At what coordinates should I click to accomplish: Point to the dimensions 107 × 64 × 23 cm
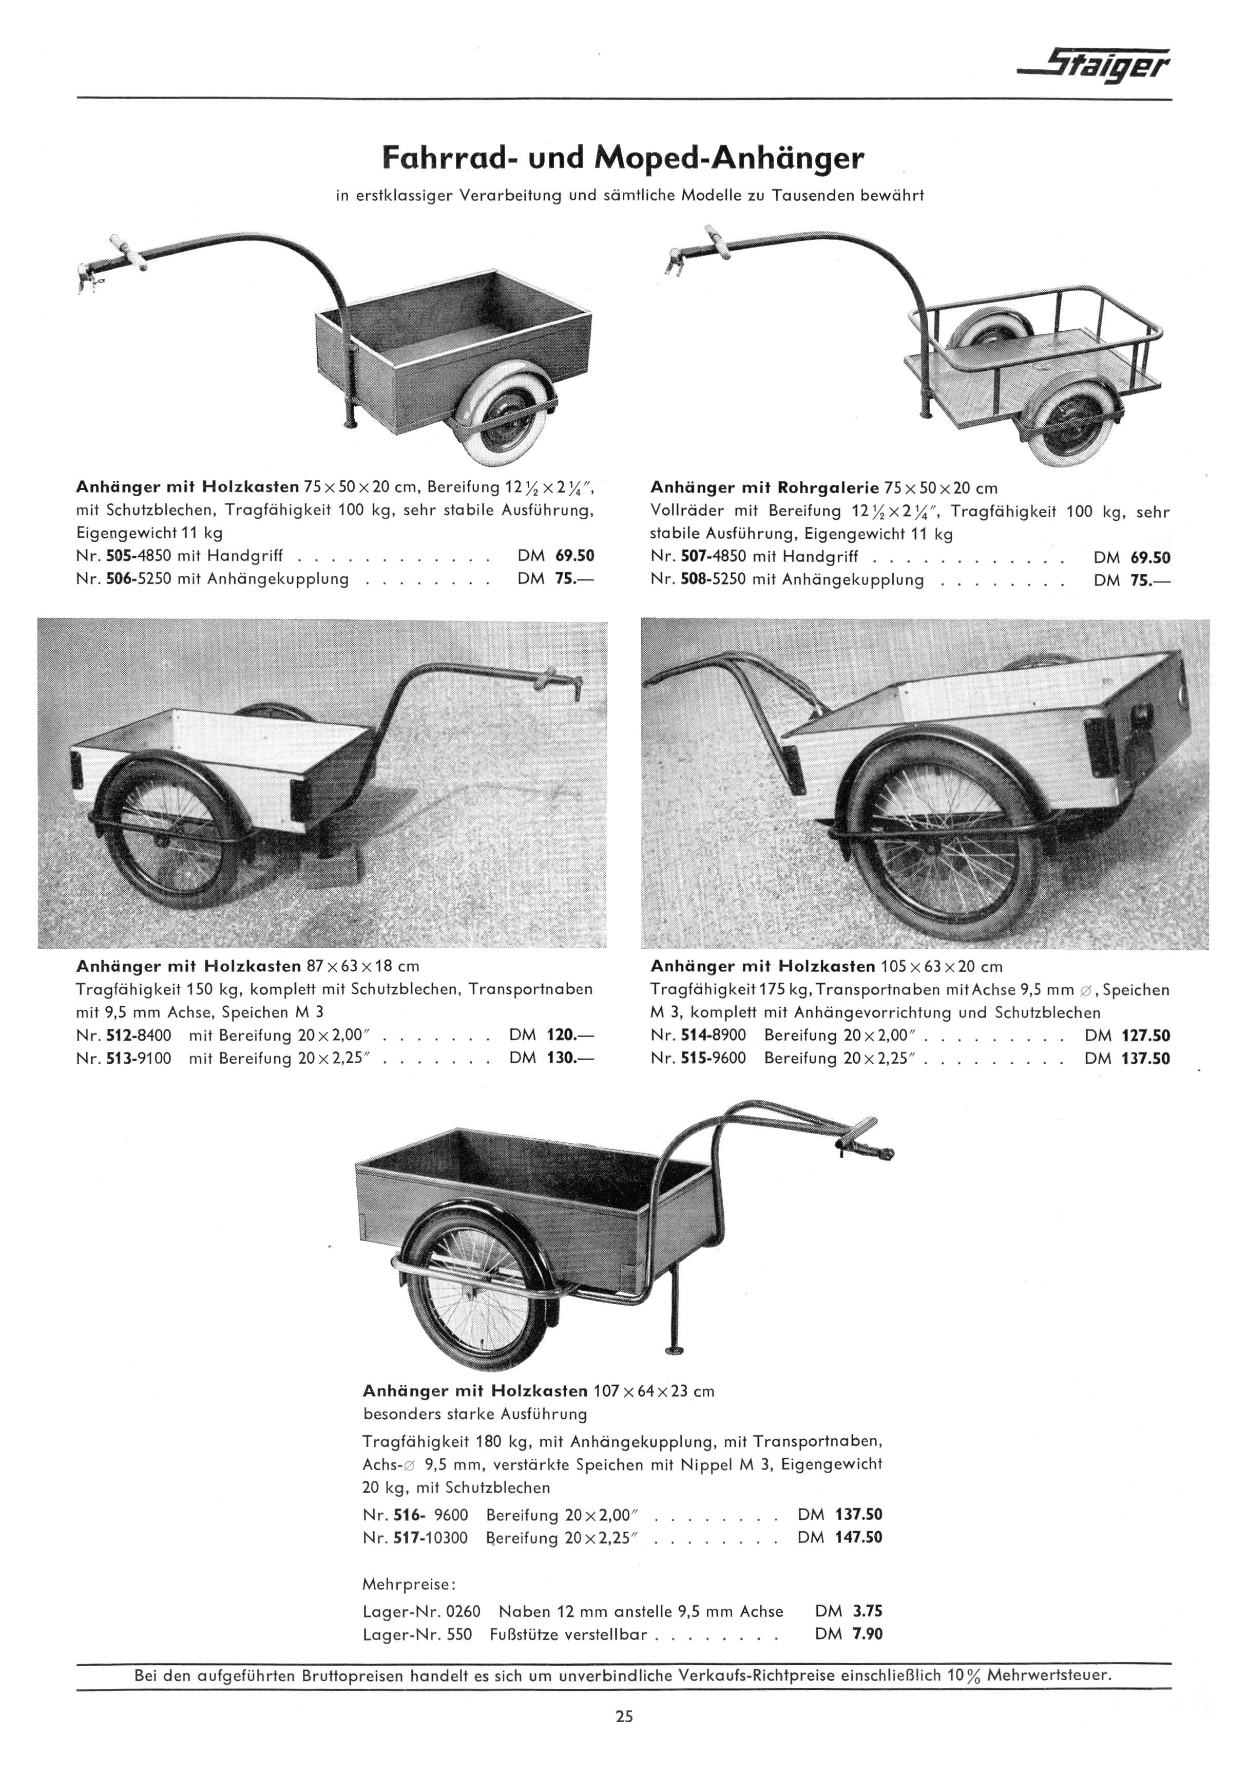coord(654,1391)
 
